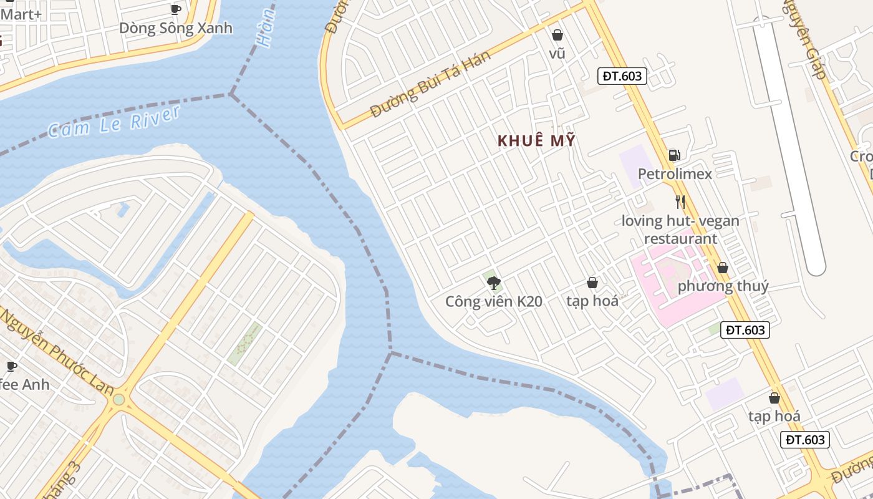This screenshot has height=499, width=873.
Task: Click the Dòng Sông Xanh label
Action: point(175,28)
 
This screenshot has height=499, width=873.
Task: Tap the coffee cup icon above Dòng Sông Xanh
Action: point(175,9)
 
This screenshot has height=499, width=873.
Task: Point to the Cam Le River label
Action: point(113,121)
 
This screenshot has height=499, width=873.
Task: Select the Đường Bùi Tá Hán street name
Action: point(430,84)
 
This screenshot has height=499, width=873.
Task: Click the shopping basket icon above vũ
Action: point(557,35)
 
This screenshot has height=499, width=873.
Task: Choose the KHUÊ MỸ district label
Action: point(536,141)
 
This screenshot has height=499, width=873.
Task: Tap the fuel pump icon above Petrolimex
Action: point(674,155)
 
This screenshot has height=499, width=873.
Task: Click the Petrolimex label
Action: point(675,173)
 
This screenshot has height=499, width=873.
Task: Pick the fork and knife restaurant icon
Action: point(680,202)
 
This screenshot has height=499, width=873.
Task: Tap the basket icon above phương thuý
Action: point(723,268)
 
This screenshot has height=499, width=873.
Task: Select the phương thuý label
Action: point(723,286)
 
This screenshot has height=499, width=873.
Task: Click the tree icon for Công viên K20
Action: point(494,283)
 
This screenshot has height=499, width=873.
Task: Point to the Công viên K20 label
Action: point(494,302)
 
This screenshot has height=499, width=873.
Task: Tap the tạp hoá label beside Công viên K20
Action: point(592,301)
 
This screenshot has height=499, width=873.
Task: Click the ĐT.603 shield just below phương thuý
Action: point(745,330)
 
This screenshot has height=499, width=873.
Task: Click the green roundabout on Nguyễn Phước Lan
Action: point(118,399)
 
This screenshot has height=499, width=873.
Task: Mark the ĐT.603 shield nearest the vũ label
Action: point(622,76)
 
